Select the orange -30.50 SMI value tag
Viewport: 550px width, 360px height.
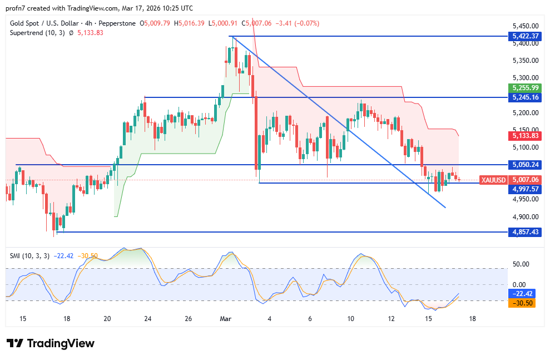[523, 304]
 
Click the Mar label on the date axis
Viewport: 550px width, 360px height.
[225, 319]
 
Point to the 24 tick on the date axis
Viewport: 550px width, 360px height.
[148, 319]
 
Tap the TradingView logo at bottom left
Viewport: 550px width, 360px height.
[51, 343]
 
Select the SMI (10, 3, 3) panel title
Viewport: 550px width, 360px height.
[29, 255]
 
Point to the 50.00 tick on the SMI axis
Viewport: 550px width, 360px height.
[521, 264]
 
